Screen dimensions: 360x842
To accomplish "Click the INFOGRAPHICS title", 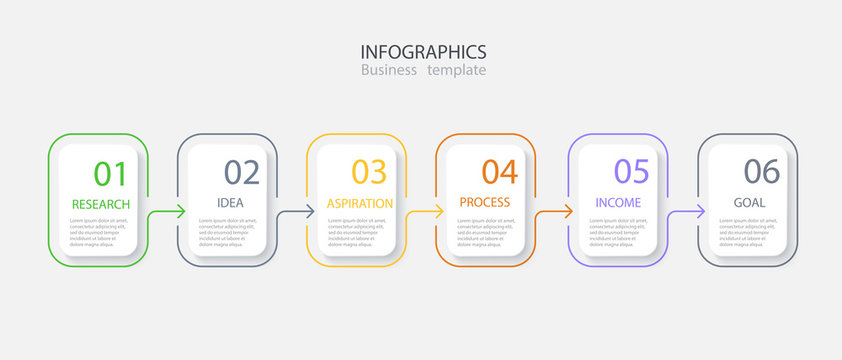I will tap(423, 51).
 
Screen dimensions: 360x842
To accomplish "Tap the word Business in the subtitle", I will tap(389, 70).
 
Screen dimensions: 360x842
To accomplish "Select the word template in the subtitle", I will tap(456, 70).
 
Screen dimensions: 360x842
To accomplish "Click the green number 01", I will tap(111, 173).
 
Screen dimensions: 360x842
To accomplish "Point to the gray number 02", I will tap(241, 172).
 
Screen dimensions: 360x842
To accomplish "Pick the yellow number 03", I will tap(369, 172).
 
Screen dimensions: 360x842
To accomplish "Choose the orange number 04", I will tap(500, 172).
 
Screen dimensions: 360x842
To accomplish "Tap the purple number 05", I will tap(631, 172).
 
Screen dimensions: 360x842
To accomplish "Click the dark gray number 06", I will tap(761, 172).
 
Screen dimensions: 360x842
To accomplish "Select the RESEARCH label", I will tap(101, 204).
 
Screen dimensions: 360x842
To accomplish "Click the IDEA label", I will tap(230, 203).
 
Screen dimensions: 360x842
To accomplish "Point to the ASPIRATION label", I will tap(360, 203).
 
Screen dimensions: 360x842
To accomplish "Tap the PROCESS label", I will tap(485, 202).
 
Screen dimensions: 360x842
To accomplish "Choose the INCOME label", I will tap(618, 203).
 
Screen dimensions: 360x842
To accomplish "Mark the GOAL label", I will tap(749, 203).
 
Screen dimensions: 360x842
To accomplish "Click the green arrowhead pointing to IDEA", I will tap(181, 211).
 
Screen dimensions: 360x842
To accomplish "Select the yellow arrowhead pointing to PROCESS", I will tap(439, 211).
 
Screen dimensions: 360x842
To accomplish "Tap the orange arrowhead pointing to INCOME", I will tap(569, 211).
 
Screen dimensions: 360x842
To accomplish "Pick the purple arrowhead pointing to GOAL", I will tap(700, 211).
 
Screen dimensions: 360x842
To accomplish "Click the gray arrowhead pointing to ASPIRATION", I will tap(310, 211).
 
